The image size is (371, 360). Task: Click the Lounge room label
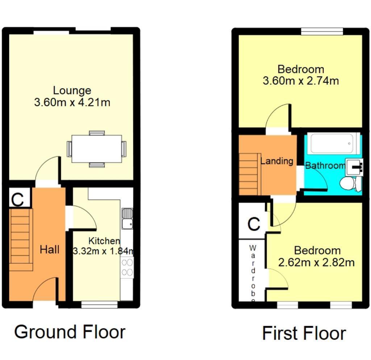coord(72,91)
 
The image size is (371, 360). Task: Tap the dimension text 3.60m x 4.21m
coord(72,102)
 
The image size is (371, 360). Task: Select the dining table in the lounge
coord(96,149)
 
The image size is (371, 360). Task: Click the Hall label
coord(49,250)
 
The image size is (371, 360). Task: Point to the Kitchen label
coord(104,241)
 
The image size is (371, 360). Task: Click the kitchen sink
coord(127,218)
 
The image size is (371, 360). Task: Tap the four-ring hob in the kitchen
coord(127,267)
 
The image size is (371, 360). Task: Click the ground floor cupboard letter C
coord(17,200)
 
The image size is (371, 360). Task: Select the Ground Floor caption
coord(70,332)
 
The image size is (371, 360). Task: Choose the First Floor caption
coord(304,333)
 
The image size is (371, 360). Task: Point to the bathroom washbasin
coord(354,167)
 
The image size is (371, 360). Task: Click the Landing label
coord(277,161)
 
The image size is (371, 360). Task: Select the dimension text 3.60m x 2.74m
coord(301,81)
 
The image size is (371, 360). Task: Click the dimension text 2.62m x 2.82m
coord(316,262)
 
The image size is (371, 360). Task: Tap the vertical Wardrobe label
coord(253,274)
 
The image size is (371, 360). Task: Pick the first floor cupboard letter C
coord(254,224)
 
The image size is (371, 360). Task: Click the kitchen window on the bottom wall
coord(99,305)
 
